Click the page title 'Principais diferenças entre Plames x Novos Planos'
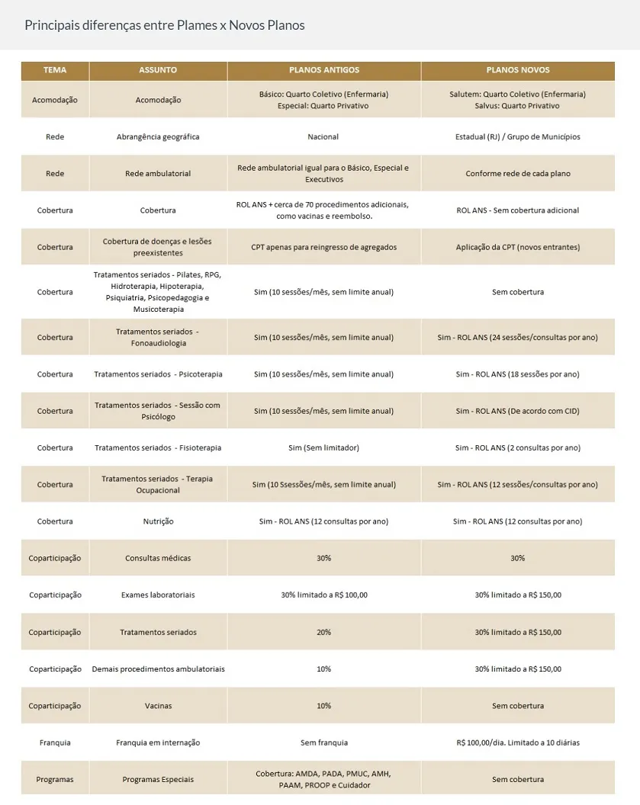(x=164, y=25)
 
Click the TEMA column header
(x=55, y=70)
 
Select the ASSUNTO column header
(x=158, y=70)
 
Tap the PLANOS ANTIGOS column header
(x=323, y=70)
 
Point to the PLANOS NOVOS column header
(x=517, y=70)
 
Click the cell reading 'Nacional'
(x=323, y=137)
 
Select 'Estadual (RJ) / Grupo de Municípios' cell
(x=517, y=137)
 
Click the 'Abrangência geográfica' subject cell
(x=158, y=137)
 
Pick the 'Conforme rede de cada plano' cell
(x=517, y=174)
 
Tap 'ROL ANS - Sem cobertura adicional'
(x=517, y=210)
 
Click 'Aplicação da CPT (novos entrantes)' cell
(x=517, y=247)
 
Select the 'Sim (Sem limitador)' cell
(x=323, y=448)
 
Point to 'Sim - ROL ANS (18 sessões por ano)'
(x=517, y=374)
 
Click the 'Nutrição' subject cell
(x=158, y=521)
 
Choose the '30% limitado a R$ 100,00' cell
(x=323, y=595)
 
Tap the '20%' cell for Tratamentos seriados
(x=323, y=632)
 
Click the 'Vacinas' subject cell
(x=158, y=706)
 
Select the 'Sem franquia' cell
(x=323, y=742)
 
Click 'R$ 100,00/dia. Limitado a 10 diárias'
(x=517, y=742)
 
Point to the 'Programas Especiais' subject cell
(x=158, y=779)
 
